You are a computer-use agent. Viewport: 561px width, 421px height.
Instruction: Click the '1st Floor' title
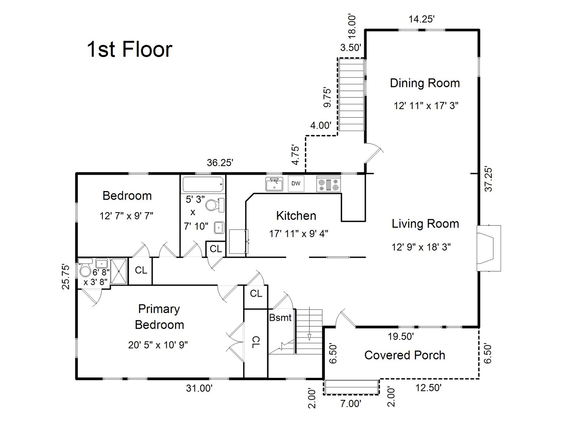(x=129, y=50)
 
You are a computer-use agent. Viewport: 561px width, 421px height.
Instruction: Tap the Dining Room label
(x=425, y=83)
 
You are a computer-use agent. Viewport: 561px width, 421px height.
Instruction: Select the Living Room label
(x=425, y=224)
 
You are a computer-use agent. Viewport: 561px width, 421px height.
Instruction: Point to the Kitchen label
(x=296, y=216)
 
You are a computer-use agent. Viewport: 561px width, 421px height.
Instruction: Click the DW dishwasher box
(x=296, y=184)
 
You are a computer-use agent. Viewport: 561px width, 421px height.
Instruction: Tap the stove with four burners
(x=328, y=184)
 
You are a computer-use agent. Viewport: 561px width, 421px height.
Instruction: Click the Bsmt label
(x=280, y=318)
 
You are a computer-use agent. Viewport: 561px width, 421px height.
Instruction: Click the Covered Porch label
(x=405, y=355)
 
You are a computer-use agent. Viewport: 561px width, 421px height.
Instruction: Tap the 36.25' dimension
(x=220, y=163)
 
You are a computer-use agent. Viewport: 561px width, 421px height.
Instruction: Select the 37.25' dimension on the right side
(x=489, y=179)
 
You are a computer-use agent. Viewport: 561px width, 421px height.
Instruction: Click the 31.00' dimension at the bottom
(x=199, y=388)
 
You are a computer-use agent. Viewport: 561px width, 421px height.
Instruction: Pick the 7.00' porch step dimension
(x=351, y=404)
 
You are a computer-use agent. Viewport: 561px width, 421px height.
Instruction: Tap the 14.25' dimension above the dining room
(x=421, y=19)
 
